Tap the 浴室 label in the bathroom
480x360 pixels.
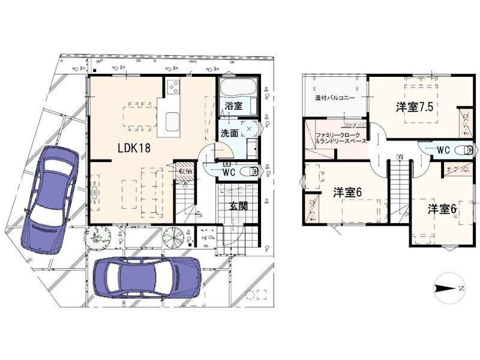click(x=233, y=106)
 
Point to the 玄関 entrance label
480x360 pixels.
click(x=238, y=206)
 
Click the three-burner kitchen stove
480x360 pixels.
click(x=172, y=87)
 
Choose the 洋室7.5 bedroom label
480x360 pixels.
click(x=415, y=107)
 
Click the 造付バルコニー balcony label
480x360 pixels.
click(x=335, y=97)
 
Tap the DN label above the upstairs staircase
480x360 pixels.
click(x=399, y=158)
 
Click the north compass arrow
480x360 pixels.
click(x=448, y=289)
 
